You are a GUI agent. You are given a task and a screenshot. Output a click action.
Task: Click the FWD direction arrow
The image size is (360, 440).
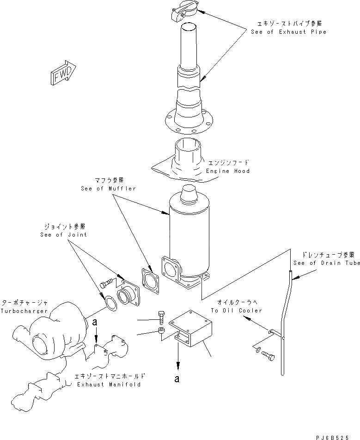[x=62, y=73]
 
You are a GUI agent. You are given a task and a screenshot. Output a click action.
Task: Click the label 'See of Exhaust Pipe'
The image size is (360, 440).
[x=288, y=32]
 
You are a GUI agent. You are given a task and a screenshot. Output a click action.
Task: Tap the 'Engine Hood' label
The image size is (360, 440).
[x=228, y=171]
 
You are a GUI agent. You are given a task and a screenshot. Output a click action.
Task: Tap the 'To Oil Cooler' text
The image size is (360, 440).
[x=236, y=311]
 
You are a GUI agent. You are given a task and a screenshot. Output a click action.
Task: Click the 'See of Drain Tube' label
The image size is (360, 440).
[x=327, y=263]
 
